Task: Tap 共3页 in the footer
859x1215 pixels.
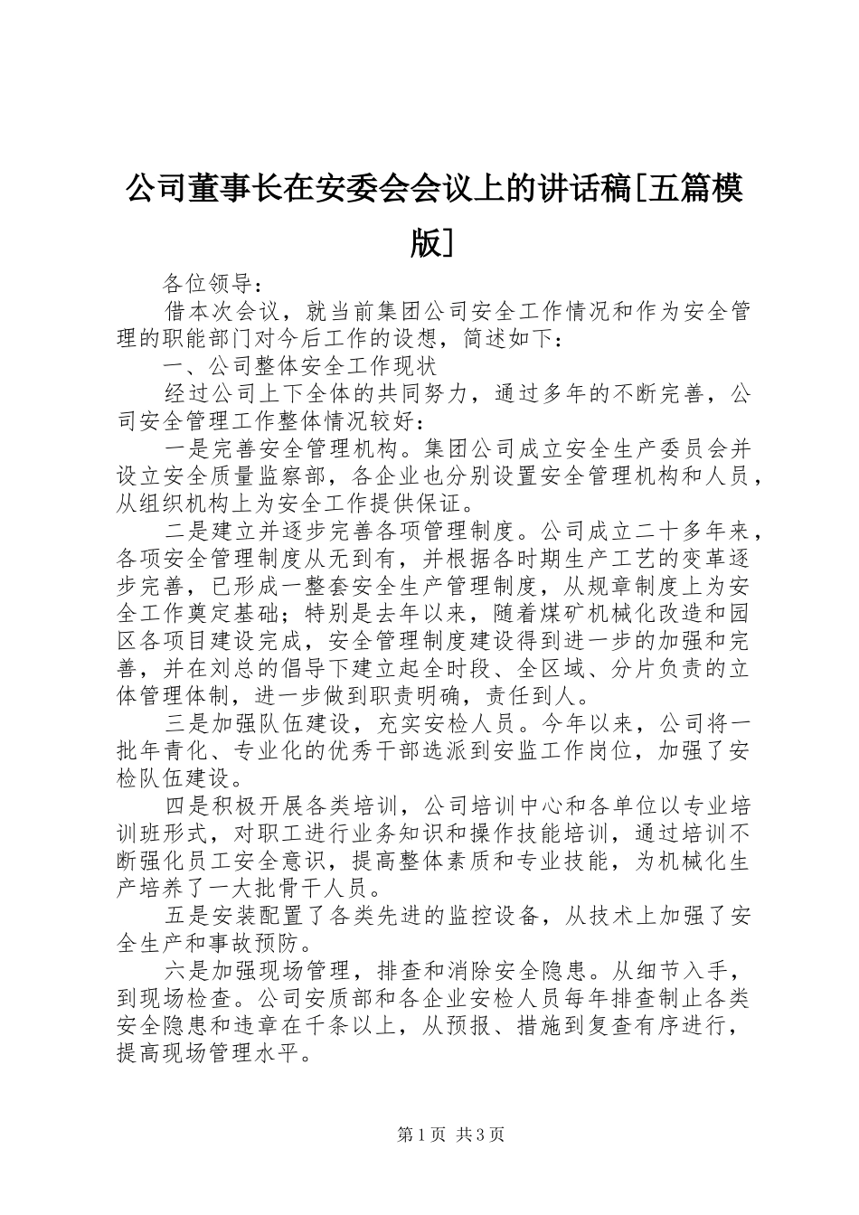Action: (481, 1135)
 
